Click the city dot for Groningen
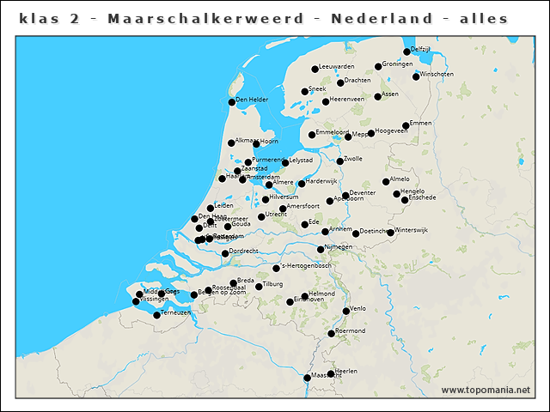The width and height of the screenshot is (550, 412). (378, 66)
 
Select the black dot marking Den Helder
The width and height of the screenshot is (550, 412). (231, 102)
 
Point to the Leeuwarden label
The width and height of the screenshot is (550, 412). (336, 66)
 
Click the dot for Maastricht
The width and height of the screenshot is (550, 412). (307, 378)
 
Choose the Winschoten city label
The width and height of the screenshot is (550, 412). (437, 75)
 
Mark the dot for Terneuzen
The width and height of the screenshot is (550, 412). (156, 315)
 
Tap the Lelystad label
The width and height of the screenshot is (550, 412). (301, 161)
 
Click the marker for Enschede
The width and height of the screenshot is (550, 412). (405, 200)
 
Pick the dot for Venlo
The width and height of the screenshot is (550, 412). (346, 311)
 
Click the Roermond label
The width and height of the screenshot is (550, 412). (350, 330)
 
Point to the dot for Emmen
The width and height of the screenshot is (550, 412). (406, 126)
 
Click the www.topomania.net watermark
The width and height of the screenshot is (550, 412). (486, 391)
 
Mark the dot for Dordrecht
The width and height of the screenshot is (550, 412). (225, 253)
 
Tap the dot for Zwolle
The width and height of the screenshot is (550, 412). (340, 161)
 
